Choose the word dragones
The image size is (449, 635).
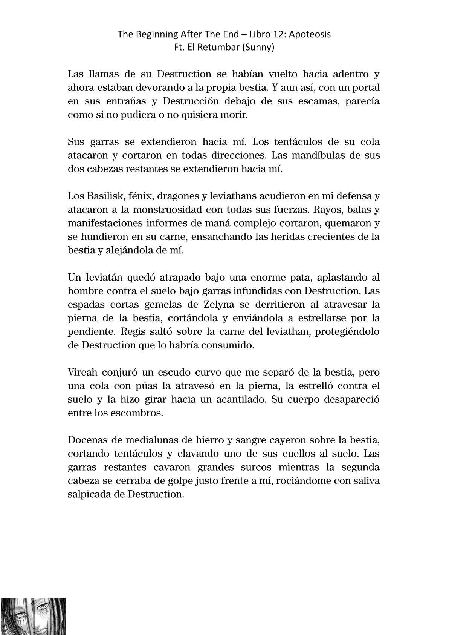click(176, 196)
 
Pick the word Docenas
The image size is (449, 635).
click(85, 440)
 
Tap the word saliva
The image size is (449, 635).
click(365, 481)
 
